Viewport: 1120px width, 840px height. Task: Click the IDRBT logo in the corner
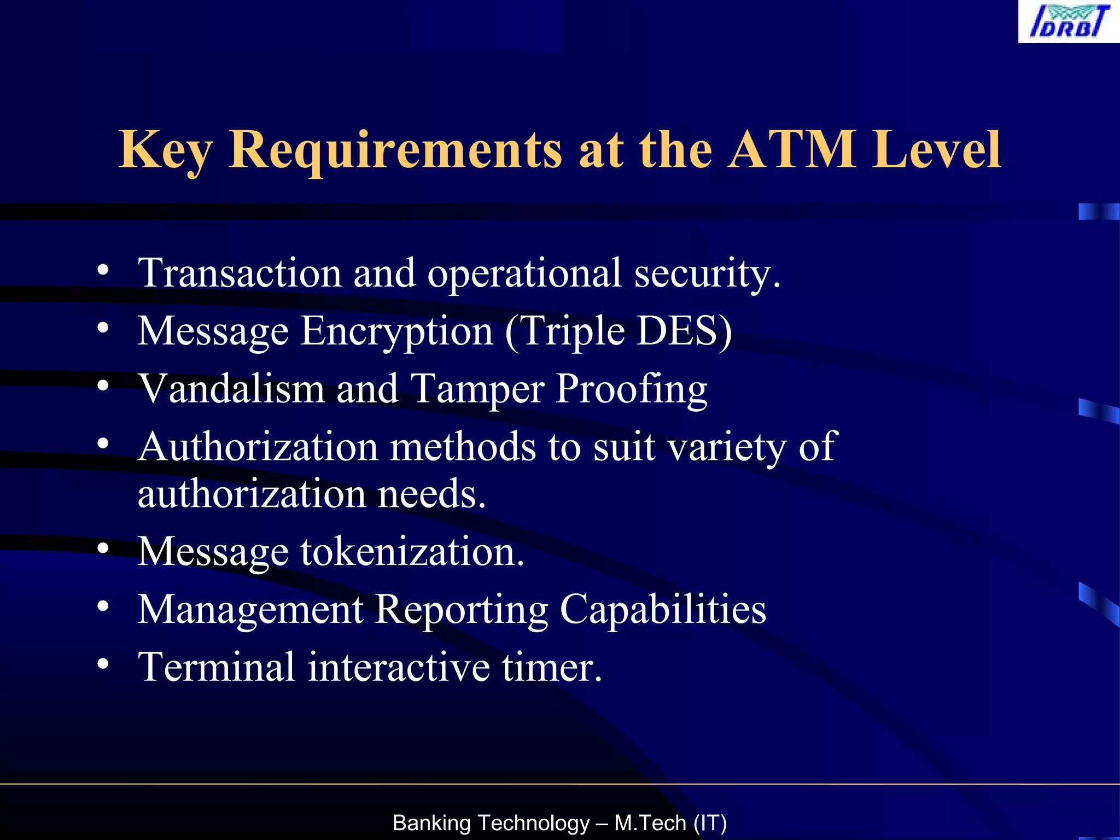pos(1069,22)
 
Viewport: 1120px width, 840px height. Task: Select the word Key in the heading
pos(165,150)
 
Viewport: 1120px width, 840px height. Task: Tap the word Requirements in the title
pos(395,150)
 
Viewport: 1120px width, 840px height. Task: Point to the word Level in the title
pos(937,149)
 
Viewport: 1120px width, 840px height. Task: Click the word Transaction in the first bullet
pos(240,273)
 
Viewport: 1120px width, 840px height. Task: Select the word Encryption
pos(397,331)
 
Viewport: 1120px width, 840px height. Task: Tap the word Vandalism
pos(231,388)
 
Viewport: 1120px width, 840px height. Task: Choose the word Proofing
pos(632,389)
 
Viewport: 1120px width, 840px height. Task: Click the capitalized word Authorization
pos(258,447)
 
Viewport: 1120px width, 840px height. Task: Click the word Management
pos(250,610)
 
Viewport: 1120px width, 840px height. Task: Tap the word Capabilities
pos(663,610)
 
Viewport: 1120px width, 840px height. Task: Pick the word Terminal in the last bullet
pos(217,667)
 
